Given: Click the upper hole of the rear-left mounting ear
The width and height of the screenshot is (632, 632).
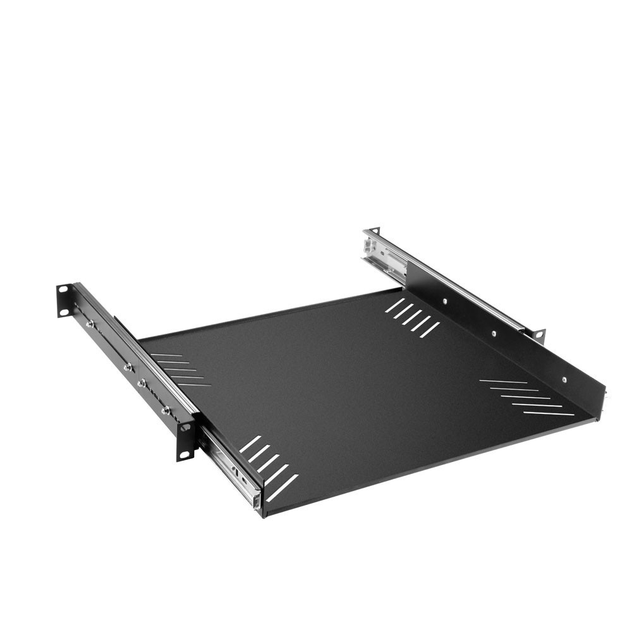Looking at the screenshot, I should (63, 289).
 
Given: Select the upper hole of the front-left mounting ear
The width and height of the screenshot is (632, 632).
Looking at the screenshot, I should (185, 428).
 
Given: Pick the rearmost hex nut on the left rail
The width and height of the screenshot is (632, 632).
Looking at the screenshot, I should (90, 323).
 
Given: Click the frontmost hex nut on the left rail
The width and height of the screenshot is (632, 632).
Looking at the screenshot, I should (165, 410).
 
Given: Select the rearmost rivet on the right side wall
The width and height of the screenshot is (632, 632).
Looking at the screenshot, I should (445, 301).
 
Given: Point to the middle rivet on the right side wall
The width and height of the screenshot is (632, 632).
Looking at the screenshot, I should (493, 333).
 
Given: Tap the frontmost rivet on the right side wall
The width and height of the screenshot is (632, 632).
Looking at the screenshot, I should (564, 379).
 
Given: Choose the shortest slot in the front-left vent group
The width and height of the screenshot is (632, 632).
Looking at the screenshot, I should (250, 444).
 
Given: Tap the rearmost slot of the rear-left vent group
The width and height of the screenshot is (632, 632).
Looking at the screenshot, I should (166, 355).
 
